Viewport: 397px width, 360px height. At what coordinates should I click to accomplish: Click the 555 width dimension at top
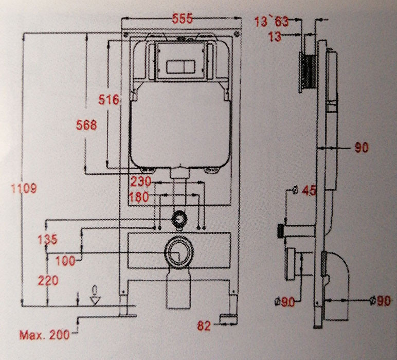click(x=182, y=19)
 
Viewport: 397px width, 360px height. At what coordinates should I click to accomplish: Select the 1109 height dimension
click(x=24, y=189)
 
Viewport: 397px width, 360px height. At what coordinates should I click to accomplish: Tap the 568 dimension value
click(x=86, y=125)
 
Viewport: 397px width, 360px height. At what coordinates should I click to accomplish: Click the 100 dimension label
click(x=65, y=261)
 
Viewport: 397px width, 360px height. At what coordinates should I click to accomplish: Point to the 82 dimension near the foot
click(x=205, y=325)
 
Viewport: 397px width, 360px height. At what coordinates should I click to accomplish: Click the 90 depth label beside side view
click(x=362, y=148)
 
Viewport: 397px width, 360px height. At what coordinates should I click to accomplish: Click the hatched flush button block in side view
click(x=306, y=71)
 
